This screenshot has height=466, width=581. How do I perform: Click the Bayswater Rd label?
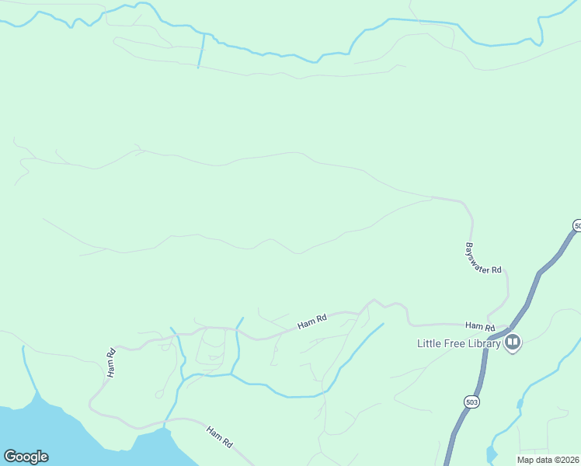coord(484,258)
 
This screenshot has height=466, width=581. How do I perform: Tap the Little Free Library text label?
coord(458,343)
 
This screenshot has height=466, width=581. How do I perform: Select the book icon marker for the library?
coord(512,342)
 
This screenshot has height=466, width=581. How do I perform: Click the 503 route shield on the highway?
coord(471,402)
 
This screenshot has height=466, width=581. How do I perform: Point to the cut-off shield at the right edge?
coord(576,225)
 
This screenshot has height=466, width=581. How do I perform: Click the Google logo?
coord(26,457)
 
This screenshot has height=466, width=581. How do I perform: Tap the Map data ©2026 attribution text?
coord(548,460)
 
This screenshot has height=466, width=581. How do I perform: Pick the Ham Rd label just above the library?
coord(480,326)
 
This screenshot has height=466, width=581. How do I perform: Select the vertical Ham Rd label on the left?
coord(110,363)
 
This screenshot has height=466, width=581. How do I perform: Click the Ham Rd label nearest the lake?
coord(219,436)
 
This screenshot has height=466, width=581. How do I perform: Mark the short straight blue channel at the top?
coord(202,50)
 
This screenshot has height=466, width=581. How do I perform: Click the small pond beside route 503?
coord(518,404)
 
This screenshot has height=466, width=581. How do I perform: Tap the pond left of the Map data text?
coord(490,454)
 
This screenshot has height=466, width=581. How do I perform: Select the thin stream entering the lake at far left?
coord(28,373)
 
